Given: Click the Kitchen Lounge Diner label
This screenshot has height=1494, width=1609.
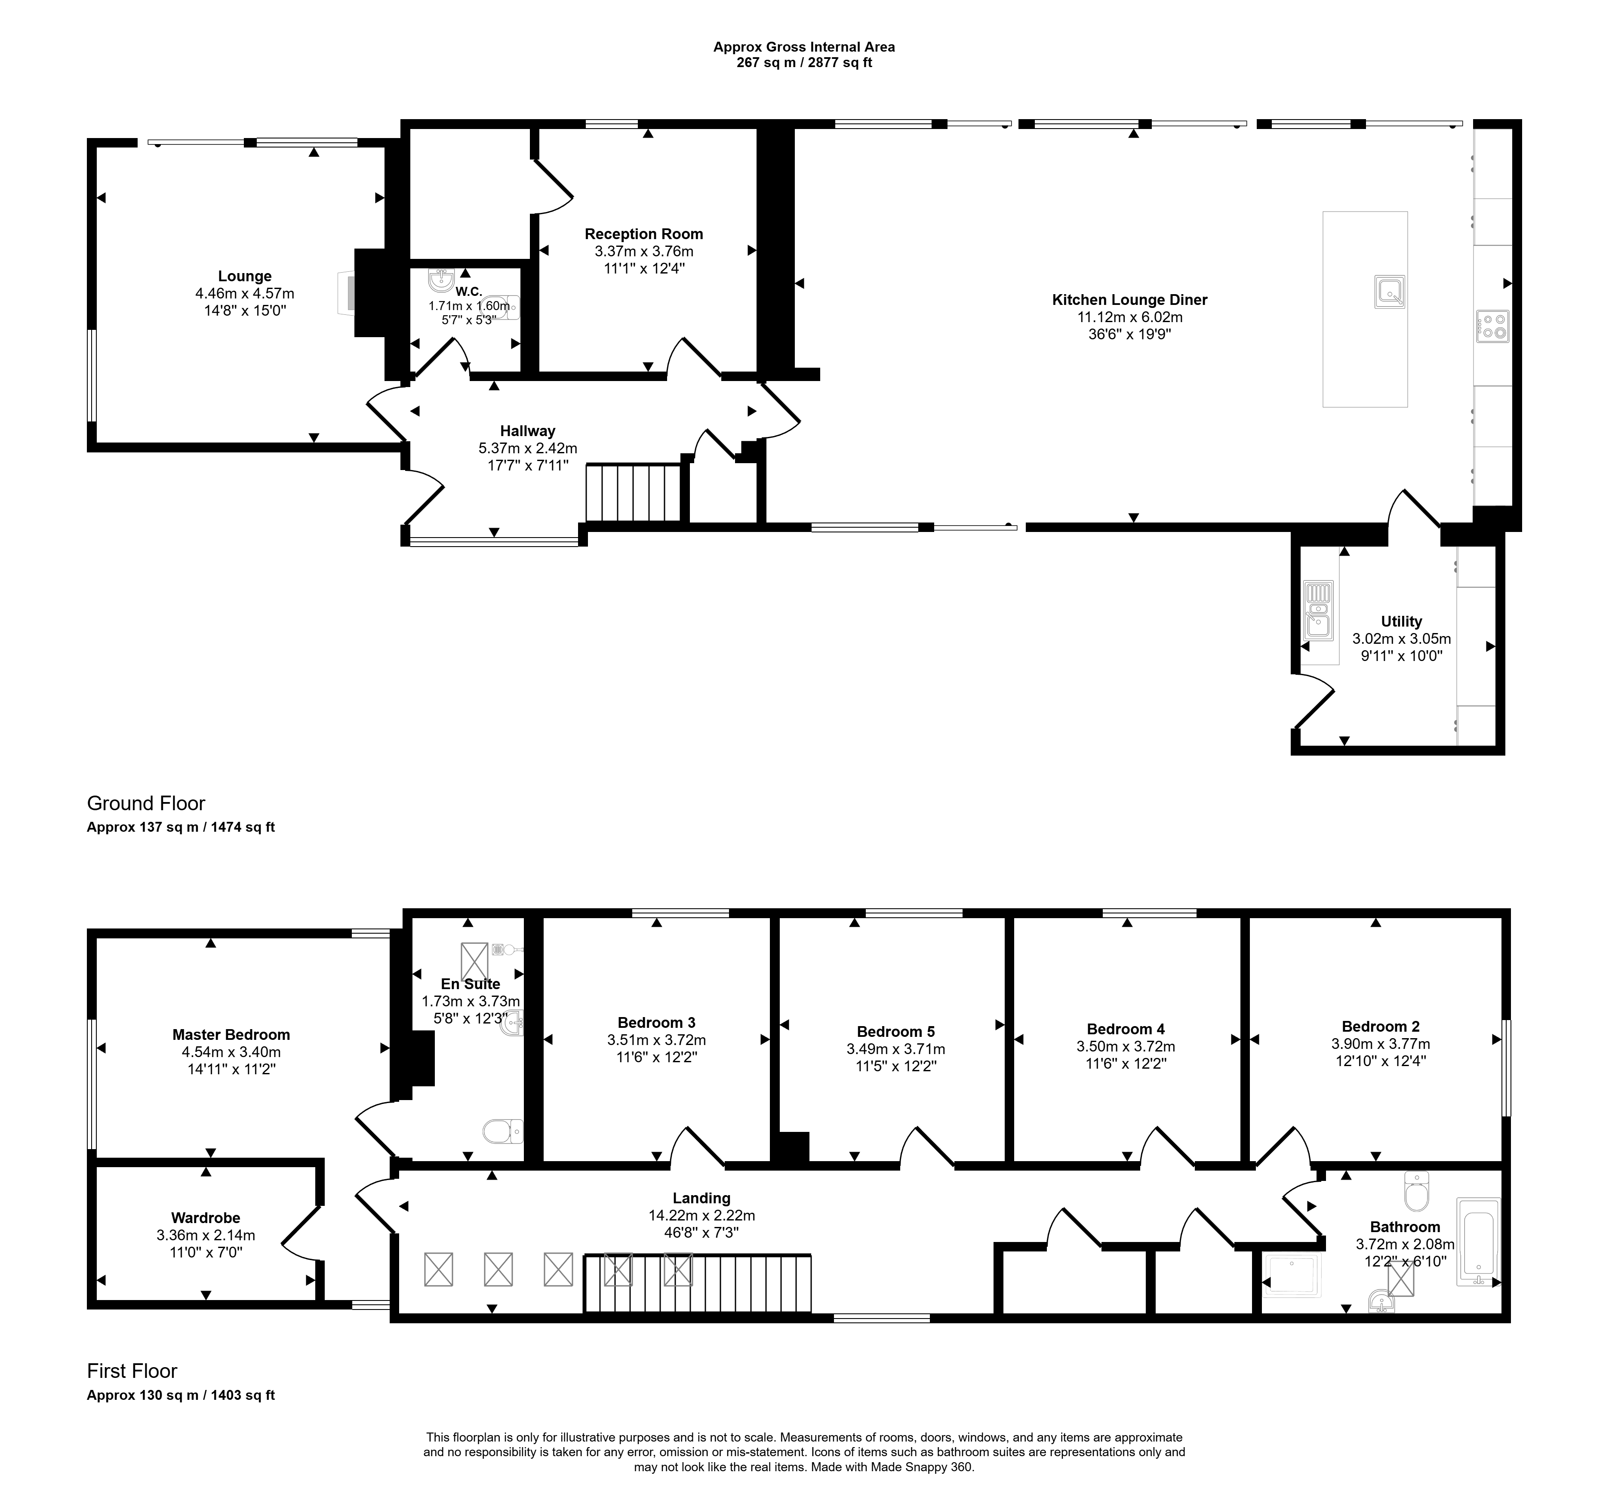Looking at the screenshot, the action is tap(1129, 300).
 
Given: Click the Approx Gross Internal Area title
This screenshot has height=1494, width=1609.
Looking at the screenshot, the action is tap(804, 47).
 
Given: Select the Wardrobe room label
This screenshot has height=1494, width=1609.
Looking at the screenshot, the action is tap(205, 1218).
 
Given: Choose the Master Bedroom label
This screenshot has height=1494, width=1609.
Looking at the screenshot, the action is tap(231, 1035).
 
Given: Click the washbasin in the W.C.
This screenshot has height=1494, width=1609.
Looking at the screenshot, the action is tap(441, 280).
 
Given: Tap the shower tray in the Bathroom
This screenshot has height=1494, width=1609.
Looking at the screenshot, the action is tap(1291, 1276).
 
